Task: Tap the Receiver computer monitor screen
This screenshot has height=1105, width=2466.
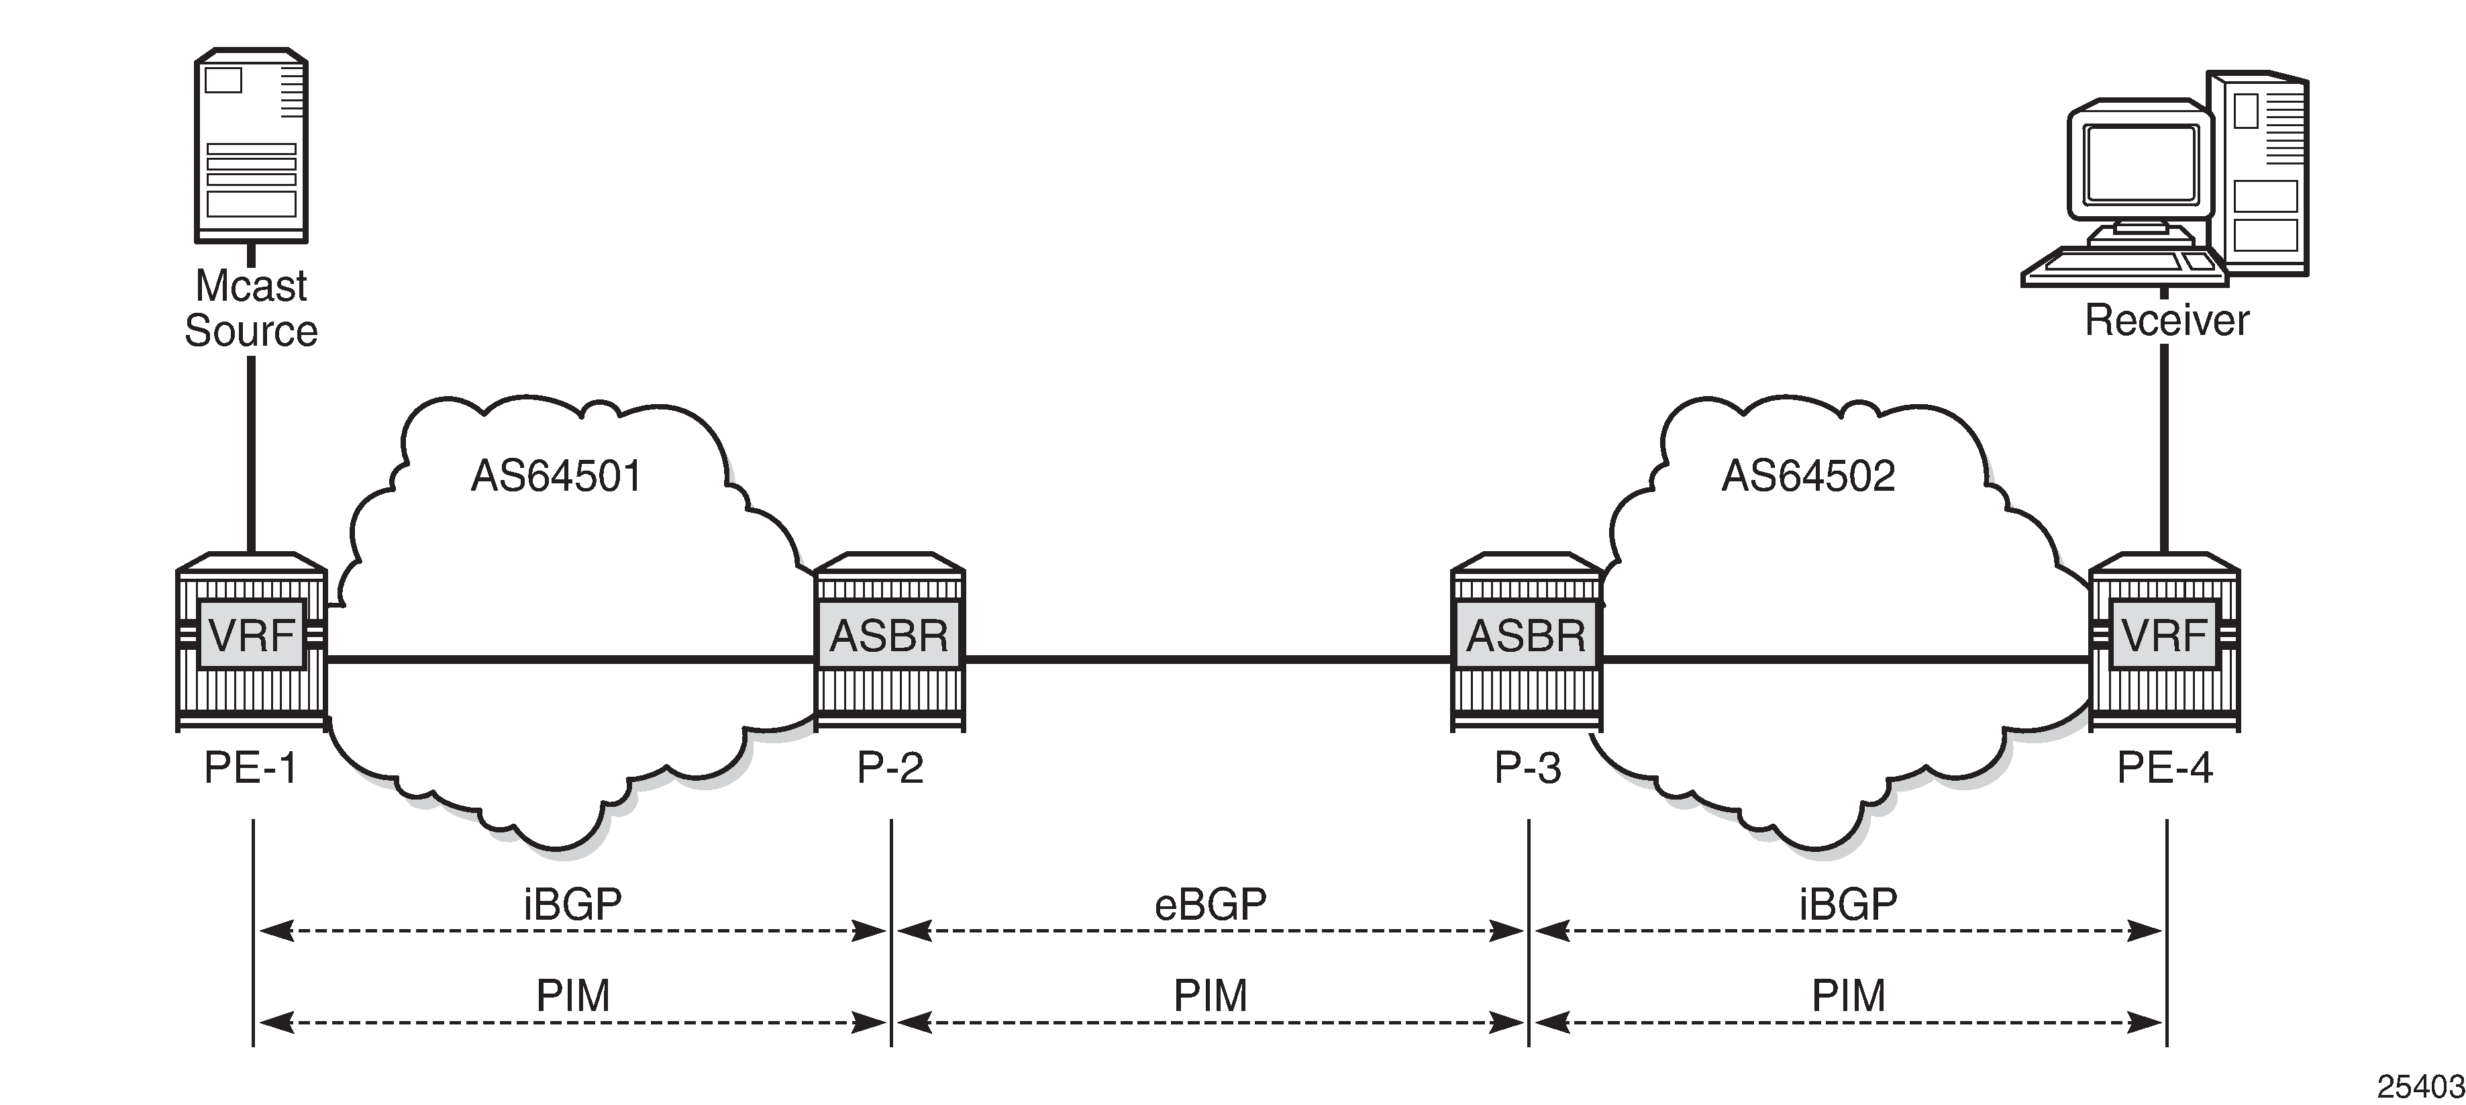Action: point(2141,162)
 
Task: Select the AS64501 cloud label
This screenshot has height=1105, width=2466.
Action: point(556,476)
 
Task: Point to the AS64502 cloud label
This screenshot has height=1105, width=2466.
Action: point(1808,476)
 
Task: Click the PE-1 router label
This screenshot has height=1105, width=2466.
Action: point(251,768)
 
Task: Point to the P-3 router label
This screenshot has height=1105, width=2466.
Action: point(1528,768)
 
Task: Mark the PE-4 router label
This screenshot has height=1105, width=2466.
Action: point(2165,768)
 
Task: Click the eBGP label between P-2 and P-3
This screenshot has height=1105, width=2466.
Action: point(1210,904)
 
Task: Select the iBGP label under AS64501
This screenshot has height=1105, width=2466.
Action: point(572,904)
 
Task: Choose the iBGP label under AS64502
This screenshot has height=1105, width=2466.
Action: point(1847,904)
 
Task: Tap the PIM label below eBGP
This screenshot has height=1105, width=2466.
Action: point(1210,996)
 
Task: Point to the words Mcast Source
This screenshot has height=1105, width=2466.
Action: point(251,308)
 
